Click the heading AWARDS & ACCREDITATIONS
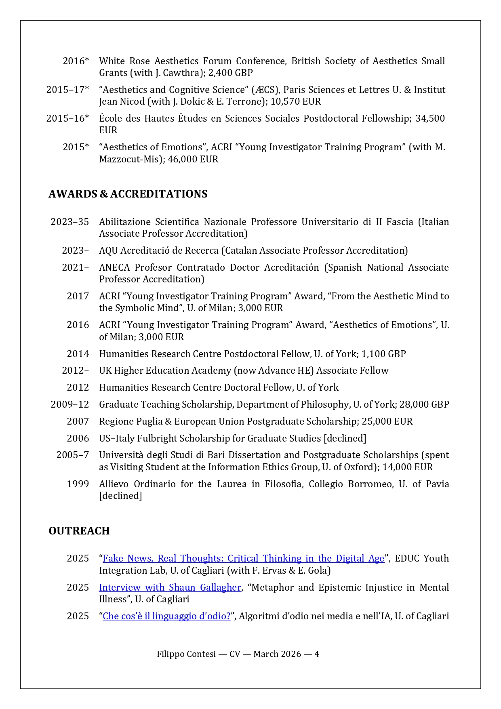tap(128, 194)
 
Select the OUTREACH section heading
tap(79, 531)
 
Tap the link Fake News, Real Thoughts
tap(243, 558)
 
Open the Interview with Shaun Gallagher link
tap(170, 587)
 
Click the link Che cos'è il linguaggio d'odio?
tap(166, 616)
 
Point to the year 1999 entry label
tap(78, 484)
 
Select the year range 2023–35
tap(69, 222)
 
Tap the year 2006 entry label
tap(78, 438)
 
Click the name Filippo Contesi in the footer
tap(186, 654)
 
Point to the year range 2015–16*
tap(67, 118)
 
